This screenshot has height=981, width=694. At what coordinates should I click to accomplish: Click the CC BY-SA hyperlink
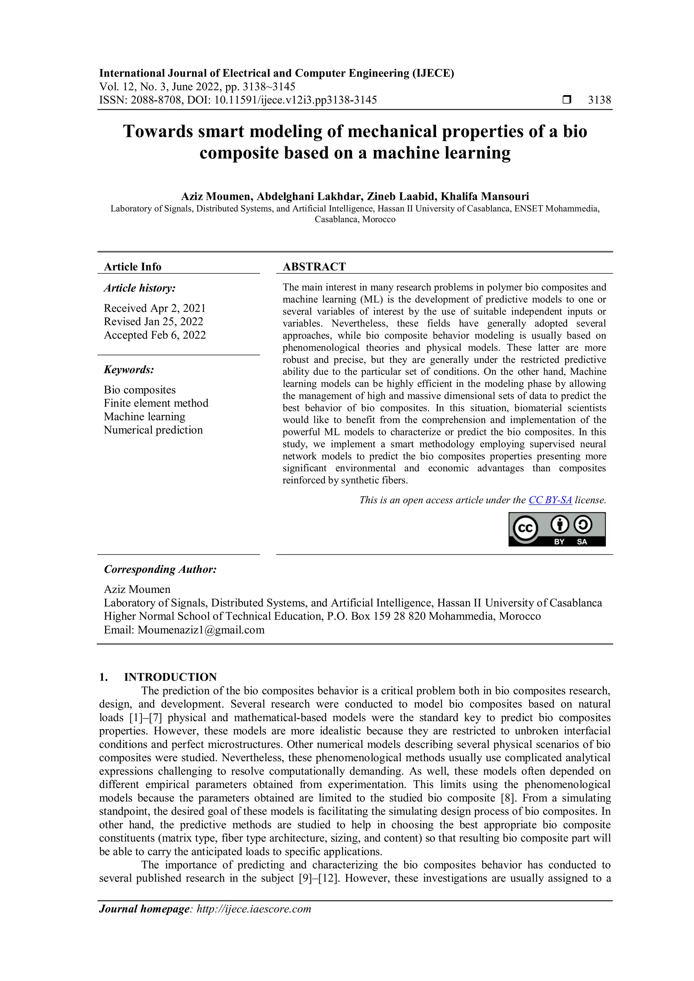[550, 500]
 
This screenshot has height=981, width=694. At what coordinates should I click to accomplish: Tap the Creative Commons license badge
[557, 529]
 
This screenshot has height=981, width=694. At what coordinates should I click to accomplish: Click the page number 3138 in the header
[599, 100]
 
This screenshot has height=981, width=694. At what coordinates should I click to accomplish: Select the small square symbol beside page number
[567, 100]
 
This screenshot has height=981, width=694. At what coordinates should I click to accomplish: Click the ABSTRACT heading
[314, 267]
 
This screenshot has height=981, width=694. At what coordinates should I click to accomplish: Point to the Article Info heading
[132, 267]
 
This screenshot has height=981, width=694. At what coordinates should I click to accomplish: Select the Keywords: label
[129, 370]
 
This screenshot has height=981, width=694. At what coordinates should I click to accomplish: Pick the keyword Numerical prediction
[153, 430]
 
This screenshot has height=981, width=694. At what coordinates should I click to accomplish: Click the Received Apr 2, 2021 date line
[155, 308]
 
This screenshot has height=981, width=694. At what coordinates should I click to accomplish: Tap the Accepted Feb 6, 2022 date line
[155, 335]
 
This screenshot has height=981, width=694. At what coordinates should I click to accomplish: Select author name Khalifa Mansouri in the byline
[485, 196]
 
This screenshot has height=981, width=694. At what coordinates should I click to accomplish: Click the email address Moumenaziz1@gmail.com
[201, 630]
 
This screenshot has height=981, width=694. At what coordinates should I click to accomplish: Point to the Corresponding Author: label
[160, 569]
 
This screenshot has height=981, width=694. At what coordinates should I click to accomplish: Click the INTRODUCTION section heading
[170, 677]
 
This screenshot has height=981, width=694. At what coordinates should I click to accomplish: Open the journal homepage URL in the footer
[253, 909]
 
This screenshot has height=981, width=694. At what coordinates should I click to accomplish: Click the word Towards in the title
[158, 131]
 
